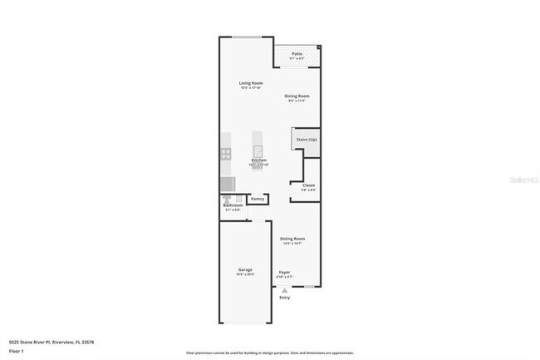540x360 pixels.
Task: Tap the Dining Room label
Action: coord(297,96)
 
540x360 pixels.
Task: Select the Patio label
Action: coord(297,54)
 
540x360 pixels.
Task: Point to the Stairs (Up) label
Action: coord(306,140)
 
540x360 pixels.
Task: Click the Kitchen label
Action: coord(258,160)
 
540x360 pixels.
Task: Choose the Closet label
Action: coord(308,185)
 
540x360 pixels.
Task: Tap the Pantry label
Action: coord(258,199)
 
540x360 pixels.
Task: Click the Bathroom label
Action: coord(232,205)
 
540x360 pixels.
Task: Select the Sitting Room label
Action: coord(292,239)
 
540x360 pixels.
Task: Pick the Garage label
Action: coord(245,270)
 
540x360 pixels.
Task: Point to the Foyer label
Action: coord(284,272)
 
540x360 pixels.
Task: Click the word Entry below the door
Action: coord(285,297)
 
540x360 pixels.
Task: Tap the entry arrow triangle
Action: coord(285,290)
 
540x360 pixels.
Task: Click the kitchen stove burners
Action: coord(225,153)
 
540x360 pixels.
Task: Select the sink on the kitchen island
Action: coord(258,150)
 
